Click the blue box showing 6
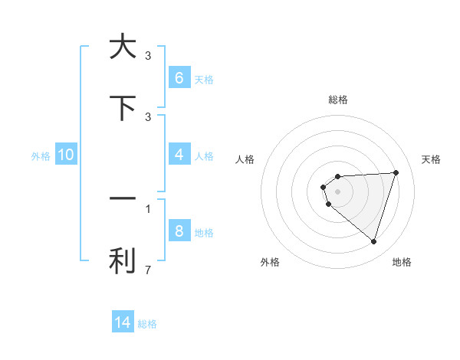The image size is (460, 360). [179, 78]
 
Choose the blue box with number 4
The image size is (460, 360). [179, 155]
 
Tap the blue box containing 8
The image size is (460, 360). [179, 231]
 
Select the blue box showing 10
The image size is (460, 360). [66, 155]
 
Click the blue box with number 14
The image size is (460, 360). [123, 322]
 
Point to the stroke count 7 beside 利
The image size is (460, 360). [148, 270]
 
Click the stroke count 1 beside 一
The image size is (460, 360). [148, 208]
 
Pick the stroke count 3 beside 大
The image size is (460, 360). [148, 56]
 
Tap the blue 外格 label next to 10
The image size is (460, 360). [41, 155]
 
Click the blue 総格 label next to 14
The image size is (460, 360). [147, 324]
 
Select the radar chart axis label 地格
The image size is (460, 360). [402, 262]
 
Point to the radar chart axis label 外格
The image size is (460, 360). [270, 262]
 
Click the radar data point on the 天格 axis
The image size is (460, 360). [396, 172]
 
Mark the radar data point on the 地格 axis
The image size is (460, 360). [373, 241]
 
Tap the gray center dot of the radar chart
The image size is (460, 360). [337, 191]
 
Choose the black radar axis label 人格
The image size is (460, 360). [245, 159]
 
